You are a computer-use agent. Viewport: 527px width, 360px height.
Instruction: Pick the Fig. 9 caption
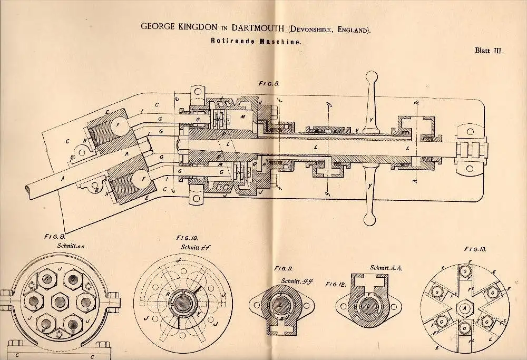click(x=53, y=238)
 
